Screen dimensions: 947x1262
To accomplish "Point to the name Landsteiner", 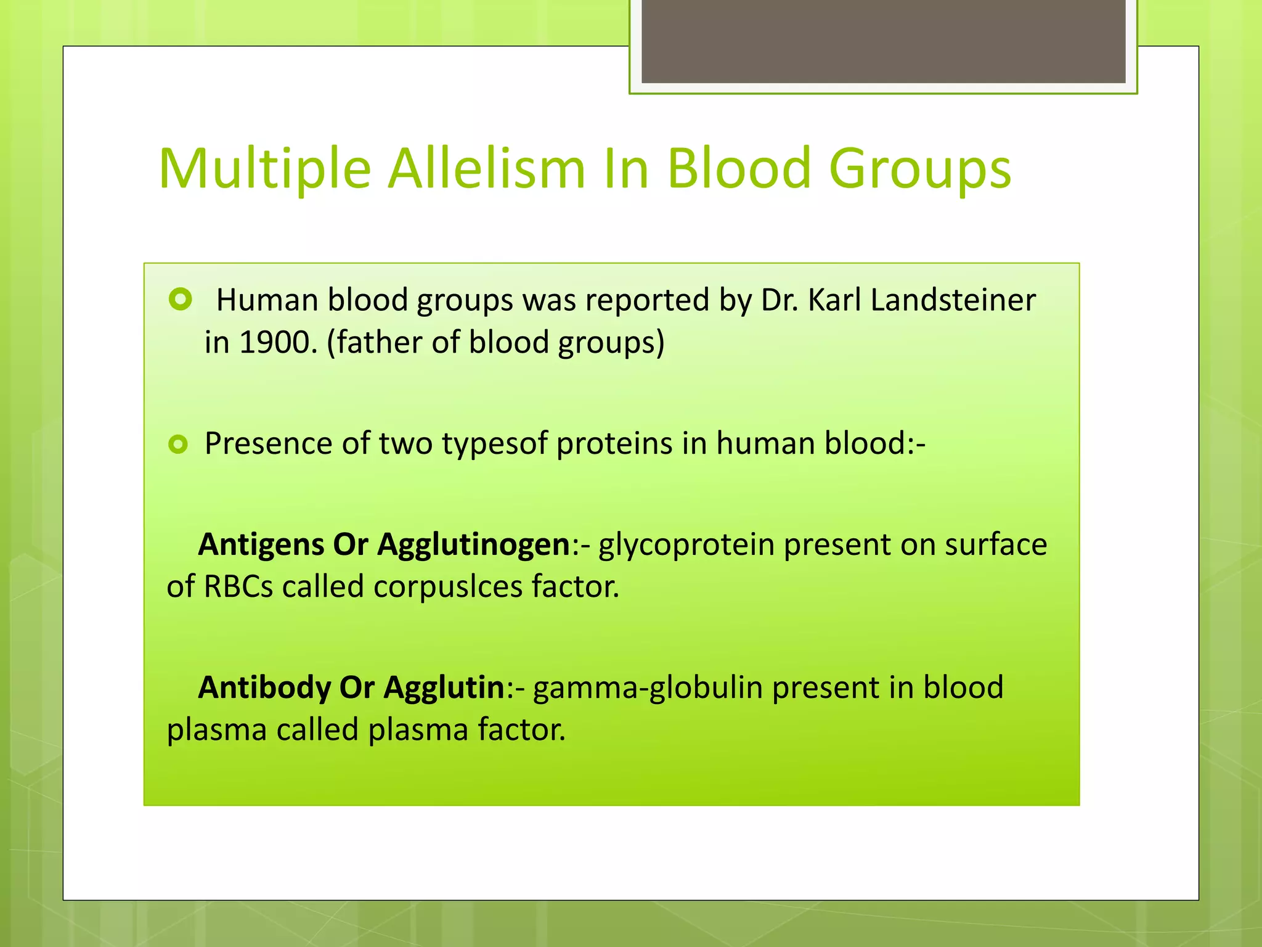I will pos(953,301).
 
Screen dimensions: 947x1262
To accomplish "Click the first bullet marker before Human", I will pos(180,300).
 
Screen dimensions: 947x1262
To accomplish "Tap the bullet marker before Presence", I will pos(178,444).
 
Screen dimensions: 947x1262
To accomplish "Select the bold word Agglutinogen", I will pos(474,545).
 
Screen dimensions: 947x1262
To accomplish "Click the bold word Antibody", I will pos(264,688).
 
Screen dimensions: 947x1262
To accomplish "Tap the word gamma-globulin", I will pos(648,688).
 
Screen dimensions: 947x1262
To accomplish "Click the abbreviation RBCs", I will pos(238,587).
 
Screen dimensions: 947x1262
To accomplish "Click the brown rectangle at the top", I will pos(883,41).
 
